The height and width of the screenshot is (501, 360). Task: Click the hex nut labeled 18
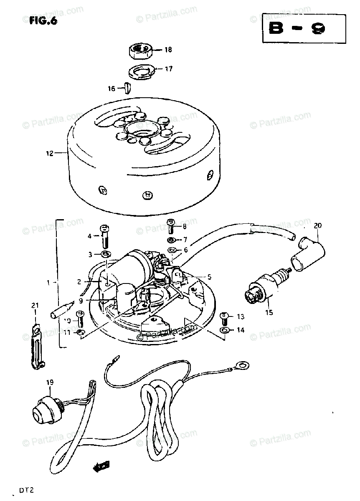tap(139, 51)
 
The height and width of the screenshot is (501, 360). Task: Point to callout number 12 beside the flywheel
tap(50, 153)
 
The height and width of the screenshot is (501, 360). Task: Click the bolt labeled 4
tap(104, 237)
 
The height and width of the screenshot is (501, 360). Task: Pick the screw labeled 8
tap(171, 227)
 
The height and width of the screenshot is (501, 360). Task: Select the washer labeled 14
tap(224, 331)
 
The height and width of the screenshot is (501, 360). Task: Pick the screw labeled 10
tap(81, 319)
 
